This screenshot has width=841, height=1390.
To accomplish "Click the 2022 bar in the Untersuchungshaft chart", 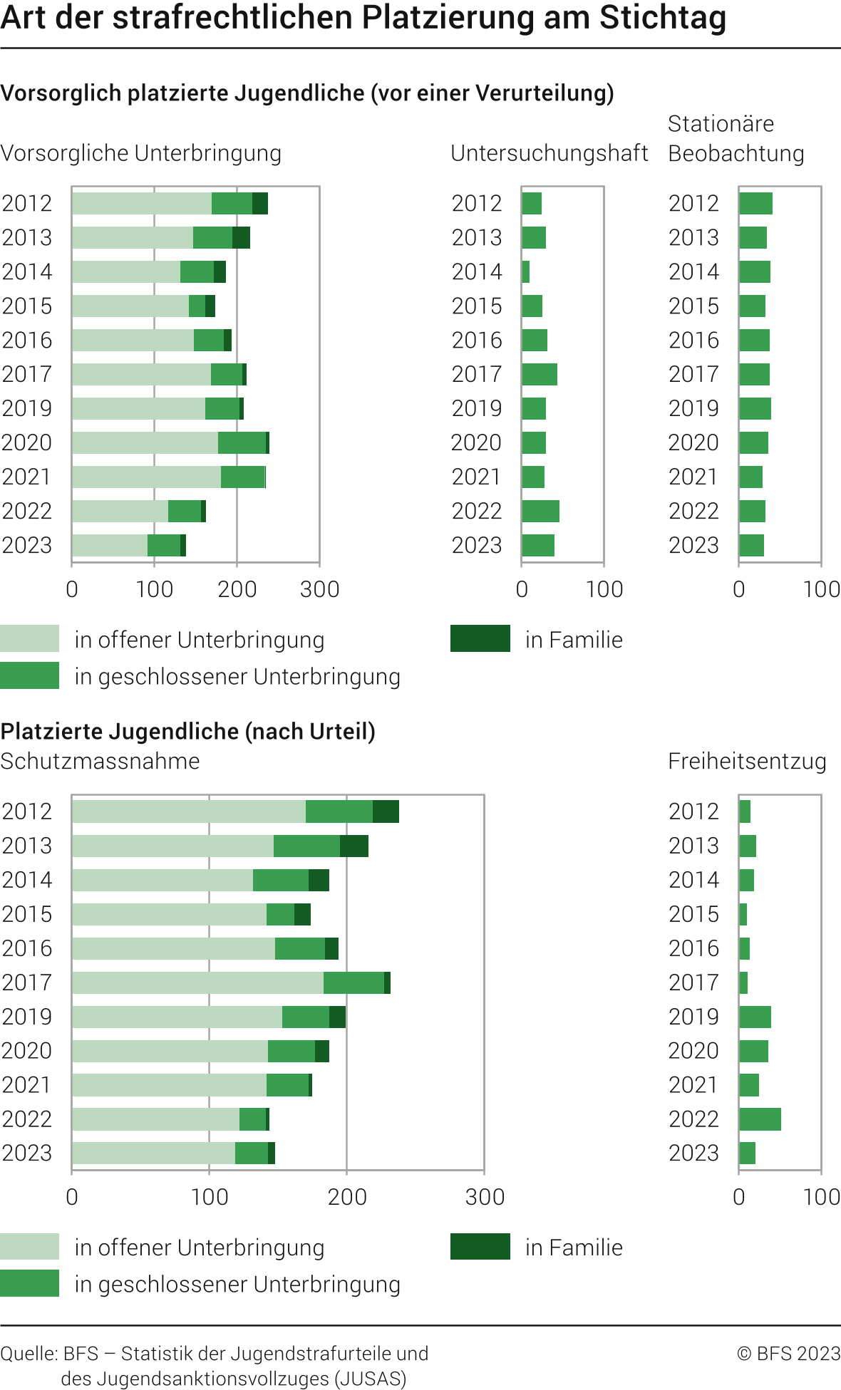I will (x=540, y=511).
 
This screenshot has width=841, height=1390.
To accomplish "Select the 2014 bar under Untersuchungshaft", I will (x=526, y=271).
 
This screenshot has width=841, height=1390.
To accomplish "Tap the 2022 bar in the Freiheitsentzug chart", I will (x=760, y=1119).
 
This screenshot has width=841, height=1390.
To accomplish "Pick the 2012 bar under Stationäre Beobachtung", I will (x=755, y=203).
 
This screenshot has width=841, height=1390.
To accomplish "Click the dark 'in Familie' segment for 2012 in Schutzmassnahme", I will (x=386, y=811).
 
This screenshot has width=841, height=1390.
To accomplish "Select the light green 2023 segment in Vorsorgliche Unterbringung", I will (x=110, y=545).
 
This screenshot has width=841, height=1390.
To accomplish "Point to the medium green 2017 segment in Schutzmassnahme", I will (x=354, y=982).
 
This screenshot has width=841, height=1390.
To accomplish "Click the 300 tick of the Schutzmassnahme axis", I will (x=485, y=1196).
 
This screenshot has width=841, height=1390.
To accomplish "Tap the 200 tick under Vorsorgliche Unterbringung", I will (x=237, y=589).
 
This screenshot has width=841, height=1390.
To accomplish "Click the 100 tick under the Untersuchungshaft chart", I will (x=604, y=589).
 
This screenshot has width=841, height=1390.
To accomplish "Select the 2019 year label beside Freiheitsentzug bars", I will (x=693, y=1016).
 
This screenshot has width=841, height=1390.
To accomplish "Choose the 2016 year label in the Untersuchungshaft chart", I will (x=477, y=340).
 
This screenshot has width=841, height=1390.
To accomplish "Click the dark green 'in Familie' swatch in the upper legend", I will (x=480, y=638).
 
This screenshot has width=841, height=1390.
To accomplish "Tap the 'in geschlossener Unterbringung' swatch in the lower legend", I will (x=29, y=1283).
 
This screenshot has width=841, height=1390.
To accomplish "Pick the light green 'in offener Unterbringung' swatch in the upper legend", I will (x=29, y=638).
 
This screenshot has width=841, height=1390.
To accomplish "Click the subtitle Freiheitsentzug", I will (x=746, y=761).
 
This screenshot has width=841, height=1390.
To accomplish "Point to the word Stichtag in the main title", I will (x=662, y=19).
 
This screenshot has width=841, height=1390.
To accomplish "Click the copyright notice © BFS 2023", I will (x=788, y=1353).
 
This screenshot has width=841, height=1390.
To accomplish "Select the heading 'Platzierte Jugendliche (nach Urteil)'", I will (x=188, y=731).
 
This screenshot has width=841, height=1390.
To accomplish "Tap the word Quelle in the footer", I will (x=29, y=1353).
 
